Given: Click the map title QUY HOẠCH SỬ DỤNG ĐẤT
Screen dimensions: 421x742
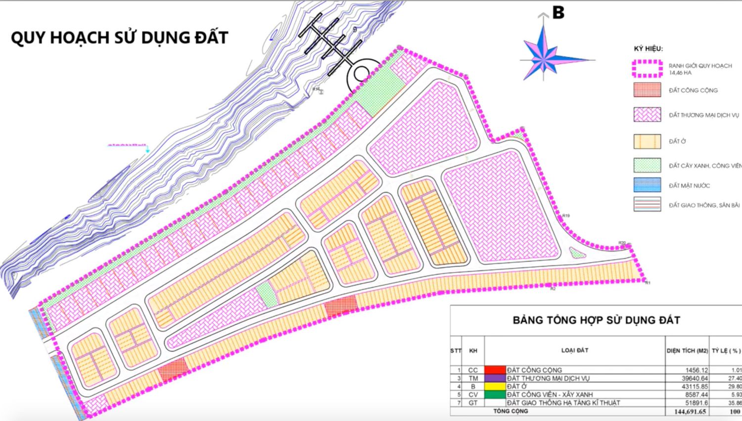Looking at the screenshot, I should pos(119,38).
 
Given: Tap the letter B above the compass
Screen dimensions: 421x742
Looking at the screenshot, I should pos(558,13).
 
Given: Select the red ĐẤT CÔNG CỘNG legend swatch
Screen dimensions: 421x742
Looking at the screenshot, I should pos(647,90).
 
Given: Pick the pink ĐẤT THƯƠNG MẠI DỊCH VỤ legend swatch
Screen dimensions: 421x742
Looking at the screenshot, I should pos(647,115).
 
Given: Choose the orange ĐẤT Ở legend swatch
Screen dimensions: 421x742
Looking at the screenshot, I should pos(647,141).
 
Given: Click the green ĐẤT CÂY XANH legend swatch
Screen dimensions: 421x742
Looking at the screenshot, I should pos(647,165).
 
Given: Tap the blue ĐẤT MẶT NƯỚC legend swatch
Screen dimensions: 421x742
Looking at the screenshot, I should pos(647,185).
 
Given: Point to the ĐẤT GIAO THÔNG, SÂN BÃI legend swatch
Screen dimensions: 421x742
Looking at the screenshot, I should pos(647,205).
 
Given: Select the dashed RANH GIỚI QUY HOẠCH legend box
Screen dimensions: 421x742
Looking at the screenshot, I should pos(647,69).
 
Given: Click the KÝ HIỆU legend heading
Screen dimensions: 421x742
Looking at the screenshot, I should pos(648,49).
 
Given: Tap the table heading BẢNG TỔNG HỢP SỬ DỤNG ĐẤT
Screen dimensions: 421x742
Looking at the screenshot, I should pos(596,320).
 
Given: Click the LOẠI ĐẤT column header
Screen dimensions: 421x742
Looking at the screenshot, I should pos(574,350).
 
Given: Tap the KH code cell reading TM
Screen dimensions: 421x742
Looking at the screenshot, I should pos(473,378).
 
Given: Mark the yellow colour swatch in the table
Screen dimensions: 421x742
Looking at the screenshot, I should pos(495,386).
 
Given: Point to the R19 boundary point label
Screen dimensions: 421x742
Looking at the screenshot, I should pos(566,215).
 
